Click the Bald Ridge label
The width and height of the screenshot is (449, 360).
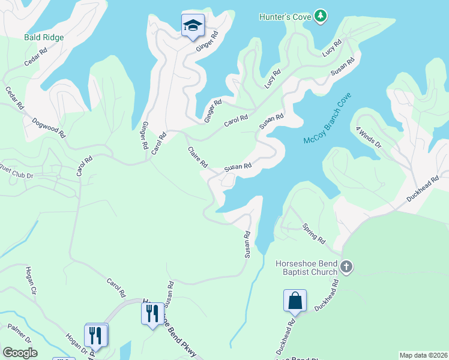tap(44, 37)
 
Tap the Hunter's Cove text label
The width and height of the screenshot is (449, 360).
tap(285, 17)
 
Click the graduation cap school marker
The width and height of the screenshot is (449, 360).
tap(193, 25)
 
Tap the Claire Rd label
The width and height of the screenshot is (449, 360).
tap(197, 157)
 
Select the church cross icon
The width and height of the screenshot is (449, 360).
tap(346, 266)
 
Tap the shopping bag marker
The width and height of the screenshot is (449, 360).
tap(295, 301)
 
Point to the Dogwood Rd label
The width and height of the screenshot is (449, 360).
tap(49, 128)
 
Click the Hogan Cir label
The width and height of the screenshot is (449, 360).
tap(31, 281)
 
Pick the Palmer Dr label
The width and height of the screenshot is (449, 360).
tap(19, 335)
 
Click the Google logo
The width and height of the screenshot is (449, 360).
tap(20, 353)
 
